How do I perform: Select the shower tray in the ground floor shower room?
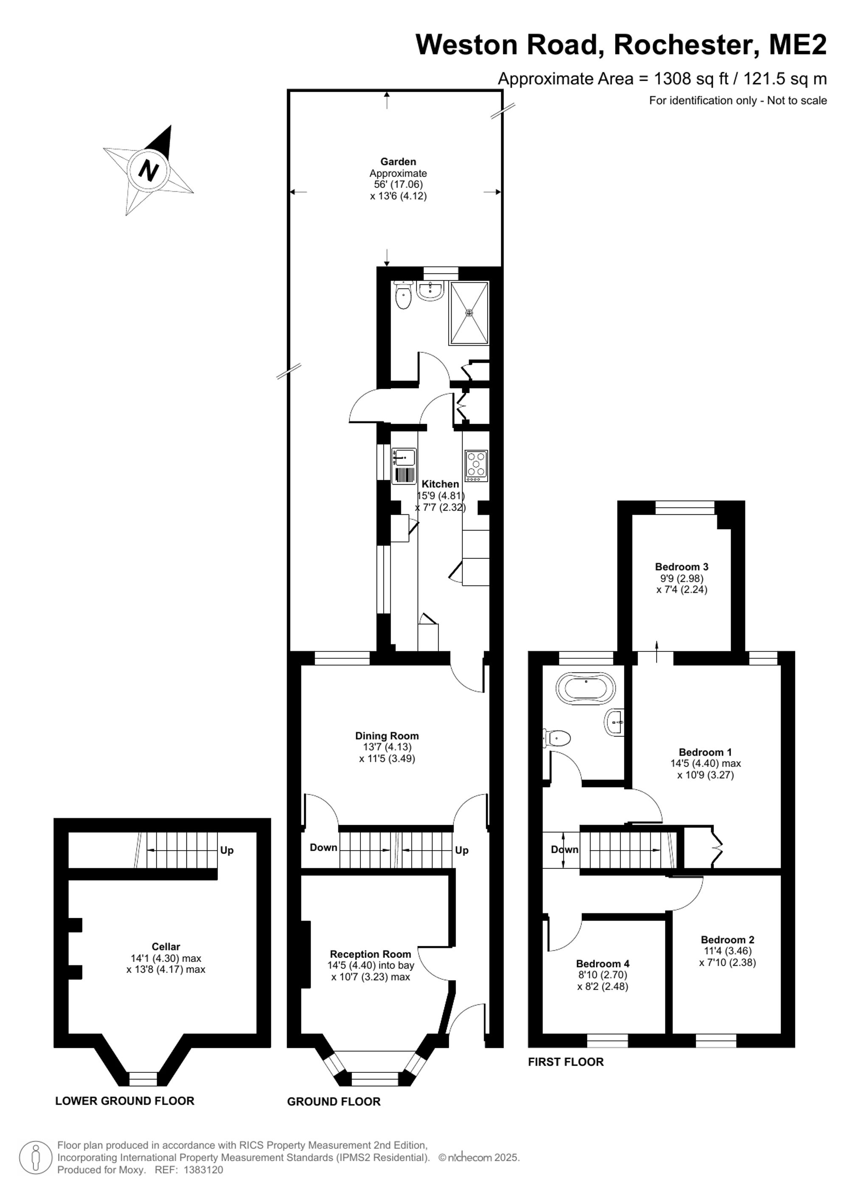469,313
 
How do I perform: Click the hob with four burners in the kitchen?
476,465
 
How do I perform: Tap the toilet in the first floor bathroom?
556,739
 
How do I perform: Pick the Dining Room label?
387,736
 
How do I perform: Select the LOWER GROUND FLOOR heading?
124,1101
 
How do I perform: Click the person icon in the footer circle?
36,1158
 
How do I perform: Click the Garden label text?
398,162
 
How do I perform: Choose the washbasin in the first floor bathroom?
615,723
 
